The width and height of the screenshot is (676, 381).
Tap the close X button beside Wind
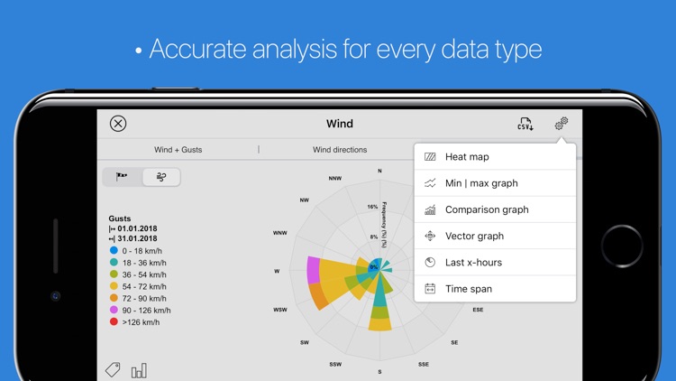click(117, 124)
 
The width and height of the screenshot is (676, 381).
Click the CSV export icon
click(525, 124)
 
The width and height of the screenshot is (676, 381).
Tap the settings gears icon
click(561, 124)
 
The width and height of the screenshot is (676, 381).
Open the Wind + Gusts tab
click(178, 150)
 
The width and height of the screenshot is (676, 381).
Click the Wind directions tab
click(340, 150)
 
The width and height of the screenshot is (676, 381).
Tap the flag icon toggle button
click(122, 177)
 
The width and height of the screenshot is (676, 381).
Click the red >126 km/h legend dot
click(114, 322)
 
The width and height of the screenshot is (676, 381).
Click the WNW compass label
click(280, 233)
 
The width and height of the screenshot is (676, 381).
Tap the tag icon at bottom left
click(113, 369)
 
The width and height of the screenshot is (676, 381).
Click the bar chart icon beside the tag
click(139, 370)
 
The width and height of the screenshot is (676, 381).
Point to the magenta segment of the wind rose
click(313, 270)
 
